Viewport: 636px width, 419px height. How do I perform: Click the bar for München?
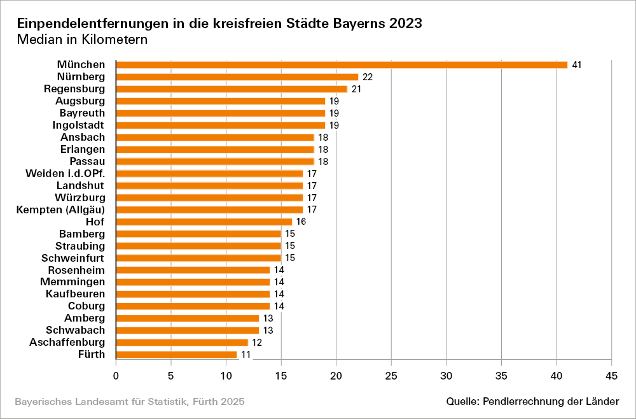click(x=342, y=65)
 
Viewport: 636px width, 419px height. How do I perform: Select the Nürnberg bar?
click(x=237, y=77)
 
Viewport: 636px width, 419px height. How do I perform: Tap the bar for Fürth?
click(x=176, y=355)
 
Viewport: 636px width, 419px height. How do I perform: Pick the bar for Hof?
click(x=204, y=222)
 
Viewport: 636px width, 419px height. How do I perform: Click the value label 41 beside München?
click(x=577, y=65)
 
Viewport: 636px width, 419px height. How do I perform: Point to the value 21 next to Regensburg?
click(x=356, y=89)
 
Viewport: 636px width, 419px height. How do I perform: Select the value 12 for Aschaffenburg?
click(x=257, y=343)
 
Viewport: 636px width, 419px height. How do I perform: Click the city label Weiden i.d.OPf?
click(x=65, y=173)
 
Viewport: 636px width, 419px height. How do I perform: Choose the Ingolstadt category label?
click(x=78, y=125)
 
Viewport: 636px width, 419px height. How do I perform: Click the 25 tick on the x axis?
click(x=391, y=376)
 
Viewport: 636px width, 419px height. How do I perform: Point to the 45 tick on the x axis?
click(x=611, y=376)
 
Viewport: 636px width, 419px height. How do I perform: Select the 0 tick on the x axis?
click(x=116, y=376)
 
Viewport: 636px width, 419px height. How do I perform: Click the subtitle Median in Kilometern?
click(x=82, y=39)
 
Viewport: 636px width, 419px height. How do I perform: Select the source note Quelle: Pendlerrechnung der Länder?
click(x=532, y=401)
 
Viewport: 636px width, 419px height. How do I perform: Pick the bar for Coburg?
click(x=193, y=306)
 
